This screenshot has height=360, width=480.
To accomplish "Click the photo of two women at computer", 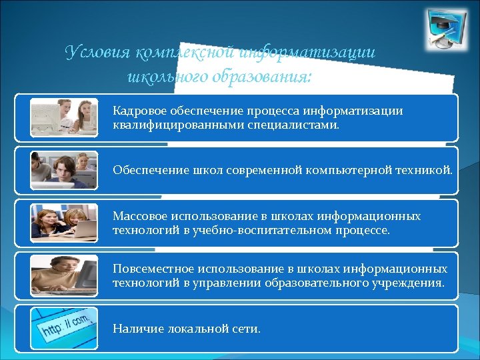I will point(64,117).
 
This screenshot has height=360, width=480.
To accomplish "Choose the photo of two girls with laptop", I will point(64,223).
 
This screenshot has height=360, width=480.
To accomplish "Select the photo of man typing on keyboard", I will point(64,275).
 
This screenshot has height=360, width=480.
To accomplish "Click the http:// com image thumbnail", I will point(64,328).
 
